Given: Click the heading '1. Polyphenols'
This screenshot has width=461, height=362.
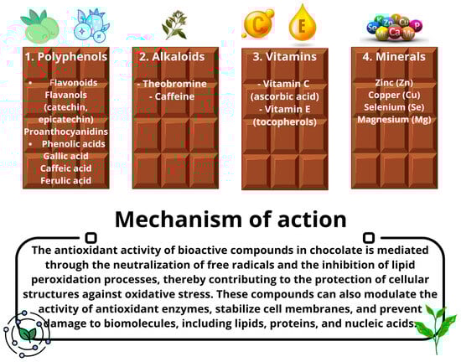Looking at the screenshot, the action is [66, 57].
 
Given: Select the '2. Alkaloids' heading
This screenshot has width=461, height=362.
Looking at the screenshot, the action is [172, 57].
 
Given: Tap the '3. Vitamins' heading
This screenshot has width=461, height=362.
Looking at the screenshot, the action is [285, 57].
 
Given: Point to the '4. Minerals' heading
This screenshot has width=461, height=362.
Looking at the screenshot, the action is [394, 57].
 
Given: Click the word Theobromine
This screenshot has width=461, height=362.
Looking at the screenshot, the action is [174, 84].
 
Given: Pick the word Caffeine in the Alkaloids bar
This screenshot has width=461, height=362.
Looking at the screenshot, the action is [174, 96].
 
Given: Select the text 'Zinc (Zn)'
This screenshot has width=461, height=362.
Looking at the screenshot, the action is [394, 83].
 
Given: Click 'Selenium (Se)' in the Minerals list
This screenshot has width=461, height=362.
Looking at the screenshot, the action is [394, 107].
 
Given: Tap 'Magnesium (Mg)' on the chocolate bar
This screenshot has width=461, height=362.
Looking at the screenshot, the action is [394, 120].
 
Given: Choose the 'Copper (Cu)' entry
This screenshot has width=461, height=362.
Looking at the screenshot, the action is [394, 95].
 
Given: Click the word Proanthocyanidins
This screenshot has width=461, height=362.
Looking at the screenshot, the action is [66, 132].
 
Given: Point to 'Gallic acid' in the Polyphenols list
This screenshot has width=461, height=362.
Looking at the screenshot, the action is [66, 156].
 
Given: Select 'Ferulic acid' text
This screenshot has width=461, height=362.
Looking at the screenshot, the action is [66, 180].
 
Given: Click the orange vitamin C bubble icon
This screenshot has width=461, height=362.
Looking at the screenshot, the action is [258, 23].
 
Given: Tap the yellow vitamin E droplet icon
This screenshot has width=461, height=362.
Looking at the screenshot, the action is [303, 23].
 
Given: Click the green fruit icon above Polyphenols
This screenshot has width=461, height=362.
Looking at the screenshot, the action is [39, 27].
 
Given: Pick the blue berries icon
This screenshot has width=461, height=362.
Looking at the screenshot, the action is [91, 26].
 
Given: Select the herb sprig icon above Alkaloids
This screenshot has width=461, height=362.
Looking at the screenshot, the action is [174, 25].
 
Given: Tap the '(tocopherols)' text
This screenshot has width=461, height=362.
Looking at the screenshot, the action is [285, 122].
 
